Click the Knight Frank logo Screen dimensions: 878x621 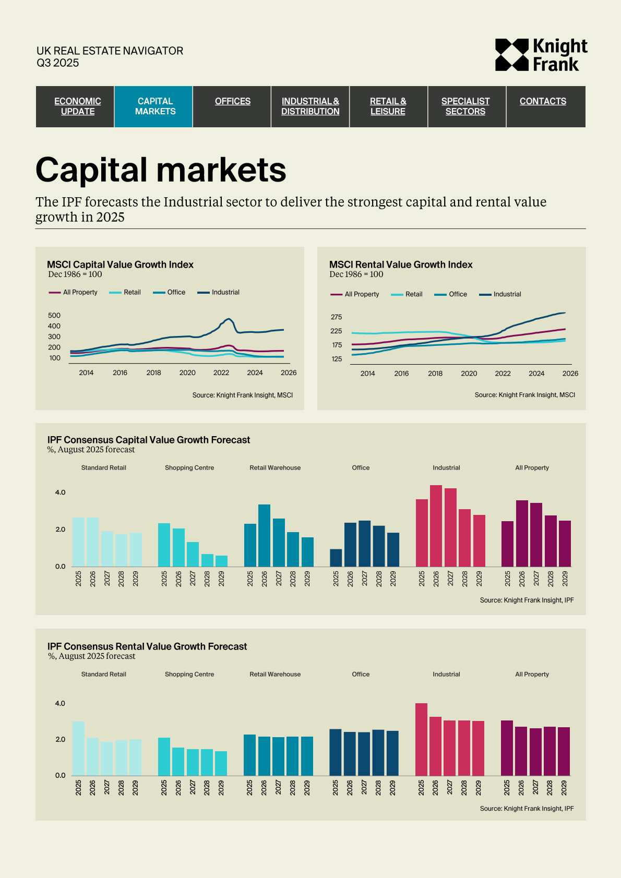coord(541,55)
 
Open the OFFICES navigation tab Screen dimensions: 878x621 coord(233,101)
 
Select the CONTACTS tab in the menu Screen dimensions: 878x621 coord(543,101)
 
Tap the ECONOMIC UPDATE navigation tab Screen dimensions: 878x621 coord(78,106)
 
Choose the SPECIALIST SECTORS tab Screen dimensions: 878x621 coord(465,106)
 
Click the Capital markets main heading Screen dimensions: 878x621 coord(161,170)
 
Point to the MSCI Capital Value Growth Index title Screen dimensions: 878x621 coord(120,264)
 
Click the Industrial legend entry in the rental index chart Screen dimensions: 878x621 coord(507,294)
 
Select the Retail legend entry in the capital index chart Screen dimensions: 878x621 coord(132,292)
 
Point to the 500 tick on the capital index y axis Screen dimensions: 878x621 coord(54,316)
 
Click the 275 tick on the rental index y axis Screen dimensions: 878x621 coord(337,317)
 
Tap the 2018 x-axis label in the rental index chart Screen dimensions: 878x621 coord(435,374)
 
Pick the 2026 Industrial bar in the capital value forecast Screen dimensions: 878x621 coord(436,526)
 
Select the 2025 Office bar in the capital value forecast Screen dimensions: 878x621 coord(336,558)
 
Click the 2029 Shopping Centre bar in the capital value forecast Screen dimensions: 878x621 coord(221,561)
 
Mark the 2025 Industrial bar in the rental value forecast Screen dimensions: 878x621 coord(421,739)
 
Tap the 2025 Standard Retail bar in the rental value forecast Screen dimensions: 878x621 coord(78,748)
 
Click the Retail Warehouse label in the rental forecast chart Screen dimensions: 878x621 coord(275,674)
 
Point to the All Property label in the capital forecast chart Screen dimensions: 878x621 coord(532,468)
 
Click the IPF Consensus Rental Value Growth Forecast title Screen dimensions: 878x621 coord(147,646)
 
